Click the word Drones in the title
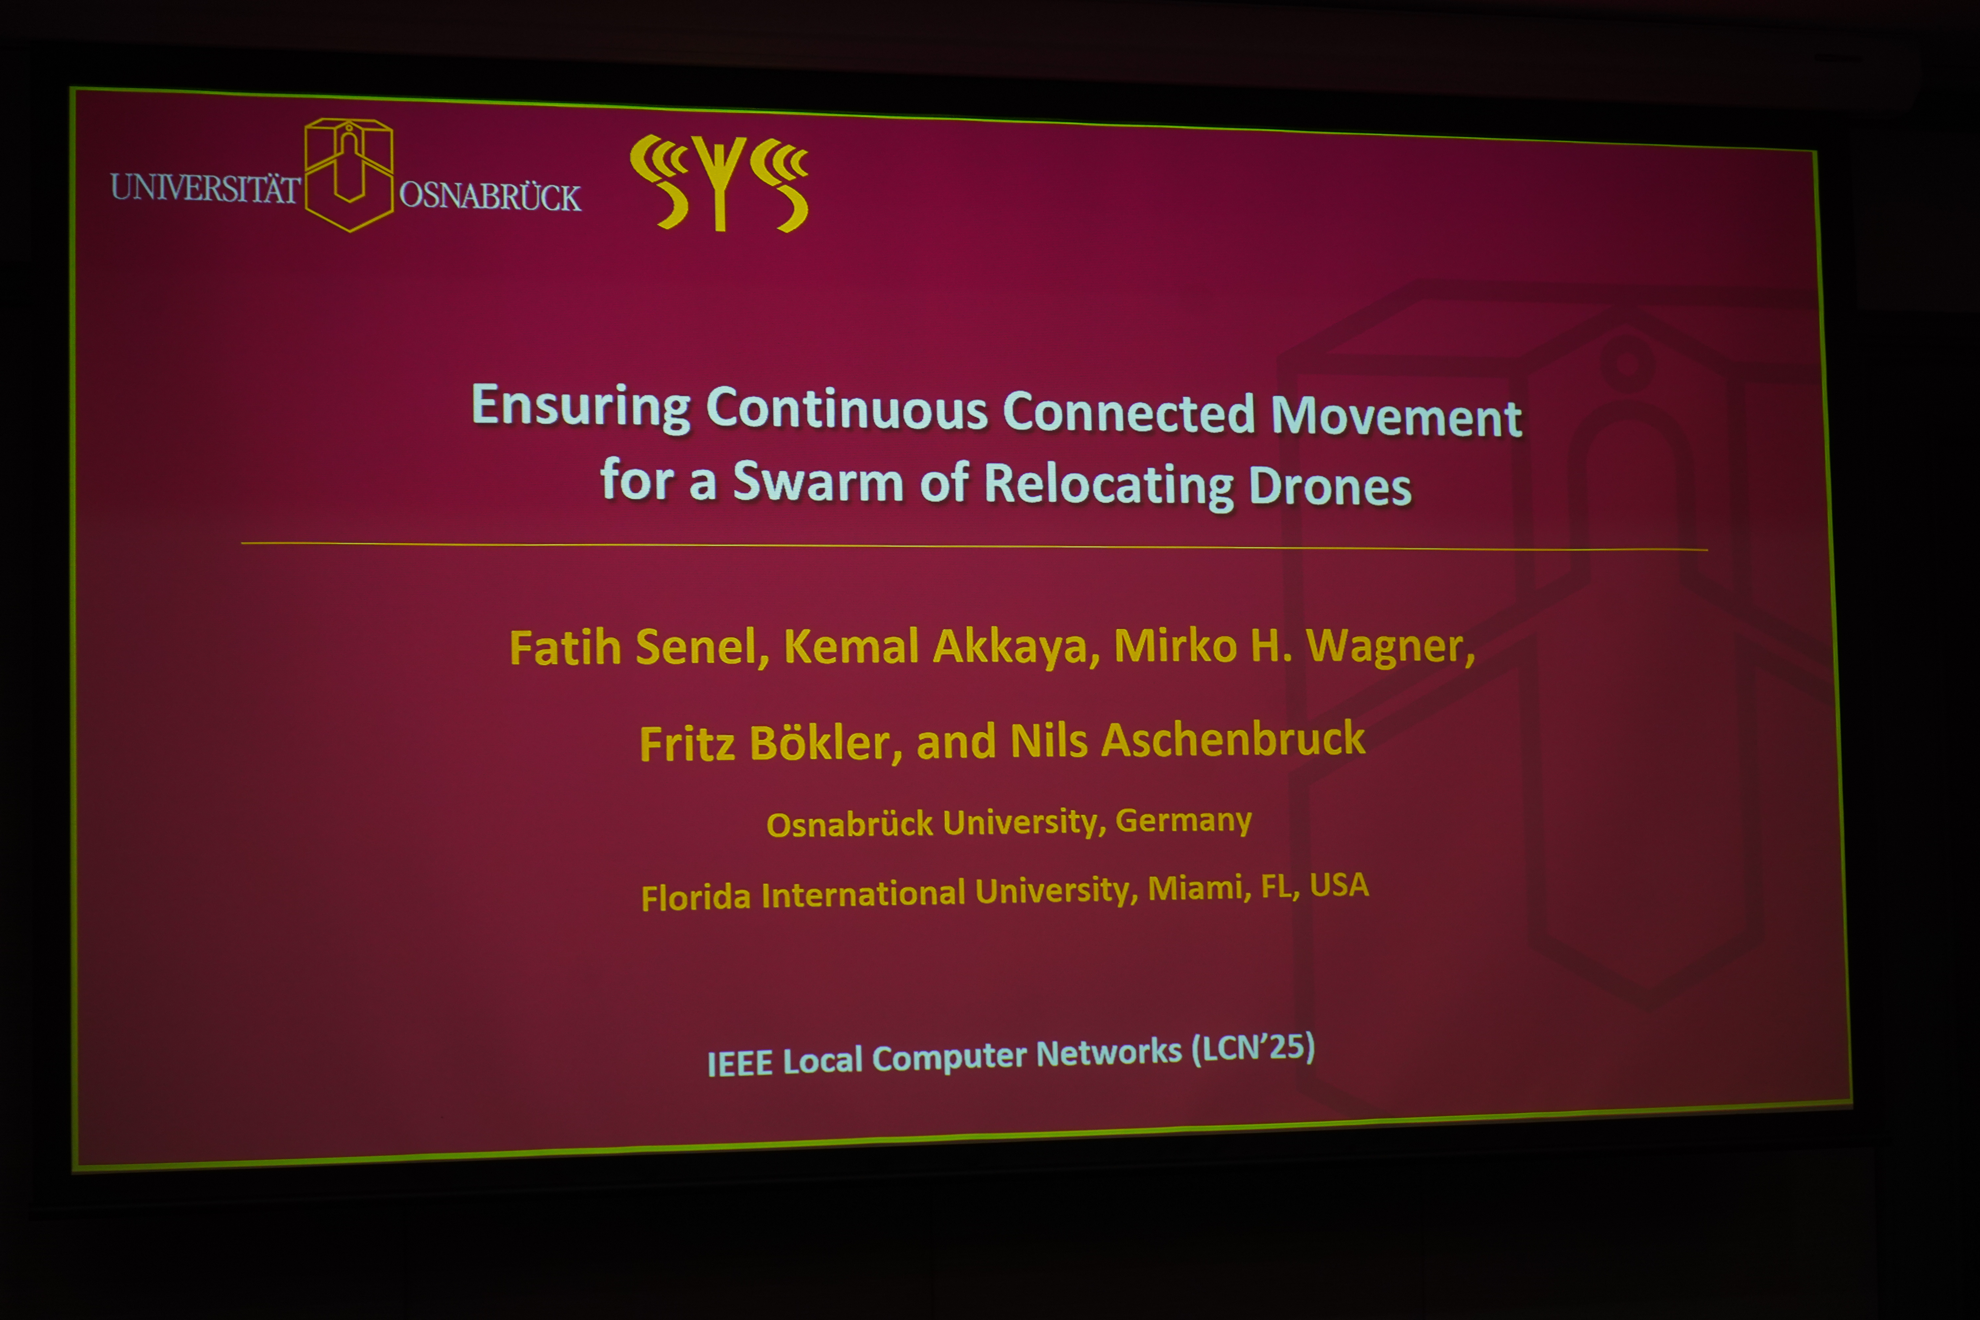[1330, 487]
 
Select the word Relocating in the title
[1109, 486]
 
